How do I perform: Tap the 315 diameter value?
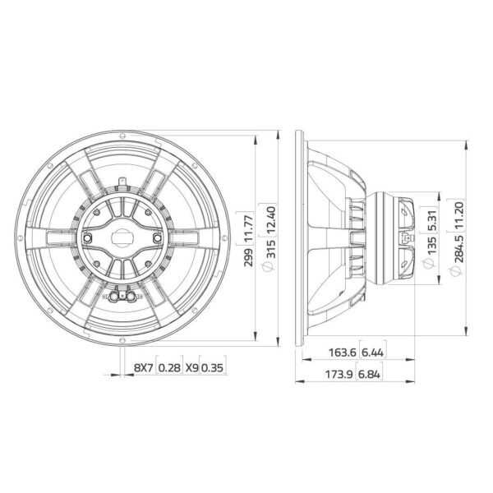click(x=270, y=249)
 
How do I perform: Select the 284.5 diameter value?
click(x=459, y=248)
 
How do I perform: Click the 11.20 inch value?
click(x=459, y=214)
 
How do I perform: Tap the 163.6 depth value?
click(x=342, y=352)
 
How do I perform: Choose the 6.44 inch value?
click(x=372, y=352)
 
